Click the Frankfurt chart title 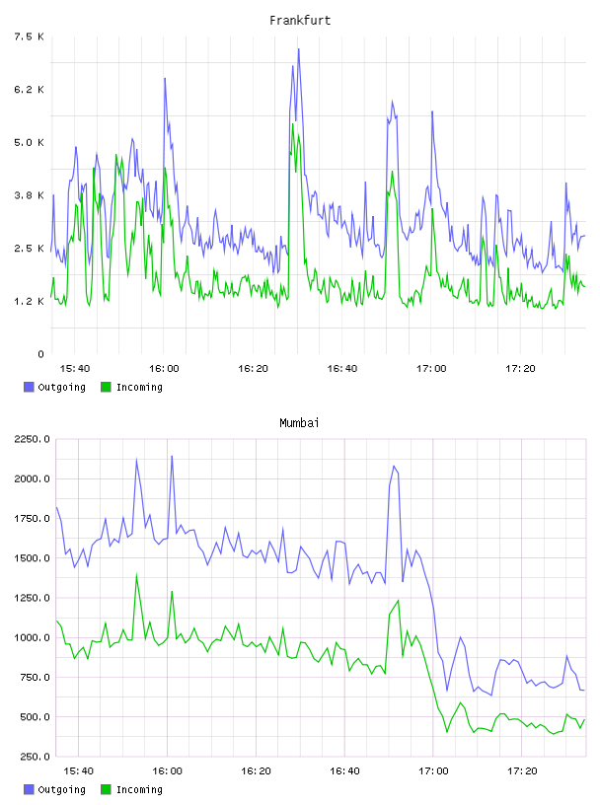(300, 21)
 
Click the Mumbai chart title (299, 423)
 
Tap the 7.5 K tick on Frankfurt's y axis (29, 37)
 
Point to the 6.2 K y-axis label (29, 90)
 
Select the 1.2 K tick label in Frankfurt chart (29, 301)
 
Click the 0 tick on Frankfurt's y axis (41, 354)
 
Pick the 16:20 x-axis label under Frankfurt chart (253, 369)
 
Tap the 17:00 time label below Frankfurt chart (431, 369)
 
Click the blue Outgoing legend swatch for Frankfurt (29, 387)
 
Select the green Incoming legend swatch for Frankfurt (106, 387)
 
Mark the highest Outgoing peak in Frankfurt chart (298, 49)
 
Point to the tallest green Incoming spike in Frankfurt (293, 123)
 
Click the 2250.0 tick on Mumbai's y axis (32, 439)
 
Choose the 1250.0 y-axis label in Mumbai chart (32, 598)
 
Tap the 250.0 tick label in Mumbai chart (35, 757)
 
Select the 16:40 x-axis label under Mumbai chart (344, 771)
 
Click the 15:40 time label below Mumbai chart (79, 771)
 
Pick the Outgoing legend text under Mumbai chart (61, 789)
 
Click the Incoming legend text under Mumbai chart (139, 789)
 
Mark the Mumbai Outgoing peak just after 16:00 (172, 456)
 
